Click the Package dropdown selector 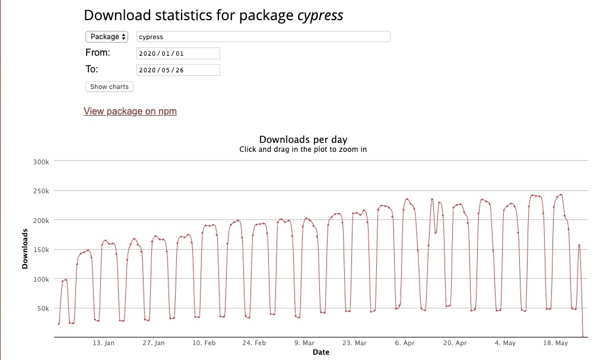(107, 37)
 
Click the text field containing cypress (263, 37)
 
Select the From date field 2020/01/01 (178, 53)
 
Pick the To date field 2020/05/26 (178, 70)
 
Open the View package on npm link (130, 111)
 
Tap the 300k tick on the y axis (43, 161)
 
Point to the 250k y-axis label (43, 191)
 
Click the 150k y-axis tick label (43, 250)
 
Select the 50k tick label (45, 308)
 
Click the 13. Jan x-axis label (103, 343)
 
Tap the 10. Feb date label (204, 343)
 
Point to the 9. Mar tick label (304, 343)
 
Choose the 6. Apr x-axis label (405, 343)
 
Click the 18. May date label (556, 343)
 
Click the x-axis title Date (320, 352)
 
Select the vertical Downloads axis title (25, 249)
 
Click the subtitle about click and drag (303, 149)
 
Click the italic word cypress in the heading (321, 15)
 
